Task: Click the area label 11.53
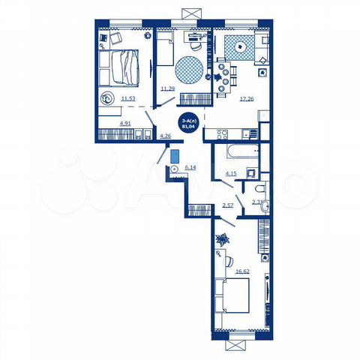(x=129, y=98)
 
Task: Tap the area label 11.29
(x=167, y=88)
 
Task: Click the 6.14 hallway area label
(x=190, y=167)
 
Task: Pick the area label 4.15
(x=231, y=174)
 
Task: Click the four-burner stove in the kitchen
(x=222, y=134)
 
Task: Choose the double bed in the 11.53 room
(x=123, y=68)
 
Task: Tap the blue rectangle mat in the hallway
(x=175, y=156)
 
